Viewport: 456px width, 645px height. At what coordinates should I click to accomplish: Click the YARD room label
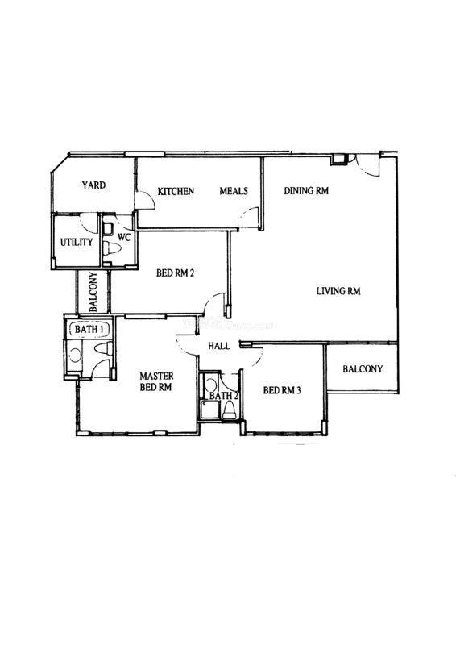(x=93, y=185)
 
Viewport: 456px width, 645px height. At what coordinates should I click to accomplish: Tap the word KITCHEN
(x=176, y=191)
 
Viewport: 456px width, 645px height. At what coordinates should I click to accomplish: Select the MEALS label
(x=234, y=191)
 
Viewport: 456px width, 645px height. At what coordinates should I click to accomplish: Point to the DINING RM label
(x=306, y=191)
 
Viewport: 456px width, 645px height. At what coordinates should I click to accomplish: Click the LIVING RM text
(x=338, y=291)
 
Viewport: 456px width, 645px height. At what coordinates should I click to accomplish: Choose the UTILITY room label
(x=77, y=243)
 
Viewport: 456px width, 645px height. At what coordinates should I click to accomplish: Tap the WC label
(x=124, y=237)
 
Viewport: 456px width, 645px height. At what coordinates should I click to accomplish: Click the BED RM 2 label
(x=175, y=273)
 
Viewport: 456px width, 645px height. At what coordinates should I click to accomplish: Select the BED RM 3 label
(x=282, y=390)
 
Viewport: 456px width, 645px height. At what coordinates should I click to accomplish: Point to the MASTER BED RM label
(x=156, y=381)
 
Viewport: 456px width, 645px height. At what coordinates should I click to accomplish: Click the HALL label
(x=219, y=346)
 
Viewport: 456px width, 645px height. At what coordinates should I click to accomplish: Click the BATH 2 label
(x=224, y=396)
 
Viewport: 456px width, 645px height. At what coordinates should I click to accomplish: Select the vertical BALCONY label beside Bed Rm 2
(x=93, y=292)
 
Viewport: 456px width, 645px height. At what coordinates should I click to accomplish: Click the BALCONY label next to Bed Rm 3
(x=363, y=369)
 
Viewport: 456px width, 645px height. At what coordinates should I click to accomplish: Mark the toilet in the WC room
(x=111, y=248)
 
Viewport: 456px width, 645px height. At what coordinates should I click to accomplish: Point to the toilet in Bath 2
(x=229, y=410)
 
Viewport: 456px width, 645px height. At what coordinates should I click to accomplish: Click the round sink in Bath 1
(x=75, y=356)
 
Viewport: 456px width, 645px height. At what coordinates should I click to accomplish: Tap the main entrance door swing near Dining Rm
(x=367, y=166)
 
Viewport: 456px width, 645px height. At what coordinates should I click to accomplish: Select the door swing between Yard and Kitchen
(x=146, y=201)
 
